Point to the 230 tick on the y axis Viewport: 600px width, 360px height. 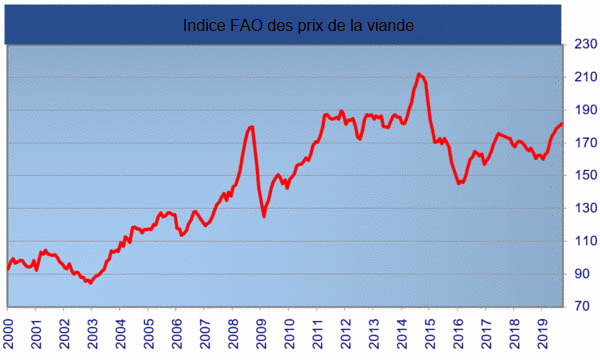pos(584,45)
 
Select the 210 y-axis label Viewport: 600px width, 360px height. pos(584,78)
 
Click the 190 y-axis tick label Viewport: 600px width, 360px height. pos(584,110)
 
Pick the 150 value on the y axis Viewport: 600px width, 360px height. pos(584,176)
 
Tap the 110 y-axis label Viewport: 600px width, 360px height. pos(584,241)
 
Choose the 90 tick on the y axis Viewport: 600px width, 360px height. pos(584,274)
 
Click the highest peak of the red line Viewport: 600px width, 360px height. pos(419,74)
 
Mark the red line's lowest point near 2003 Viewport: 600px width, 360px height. pos(90,283)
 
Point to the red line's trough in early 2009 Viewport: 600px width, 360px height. pos(264,216)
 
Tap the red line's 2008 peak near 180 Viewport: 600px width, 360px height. pos(251,127)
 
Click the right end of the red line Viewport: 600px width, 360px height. pos(562,124)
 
